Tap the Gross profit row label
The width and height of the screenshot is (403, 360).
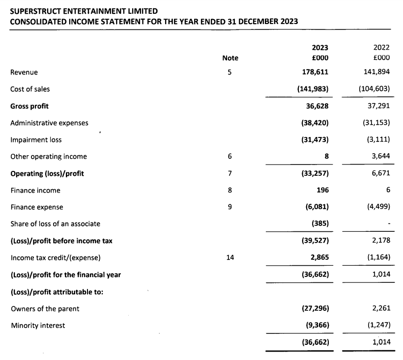click(x=29, y=106)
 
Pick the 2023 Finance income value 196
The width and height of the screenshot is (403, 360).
click(x=322, y=190)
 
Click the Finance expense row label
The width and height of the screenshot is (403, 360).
click(x=37, y=207)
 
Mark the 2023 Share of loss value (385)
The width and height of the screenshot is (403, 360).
click(x=320, y=224)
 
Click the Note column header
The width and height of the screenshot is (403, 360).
click(x=230, y=58)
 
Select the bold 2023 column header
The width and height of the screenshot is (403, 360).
click(x=320, y=48)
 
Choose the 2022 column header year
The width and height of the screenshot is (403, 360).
click(x=381, y=48)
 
